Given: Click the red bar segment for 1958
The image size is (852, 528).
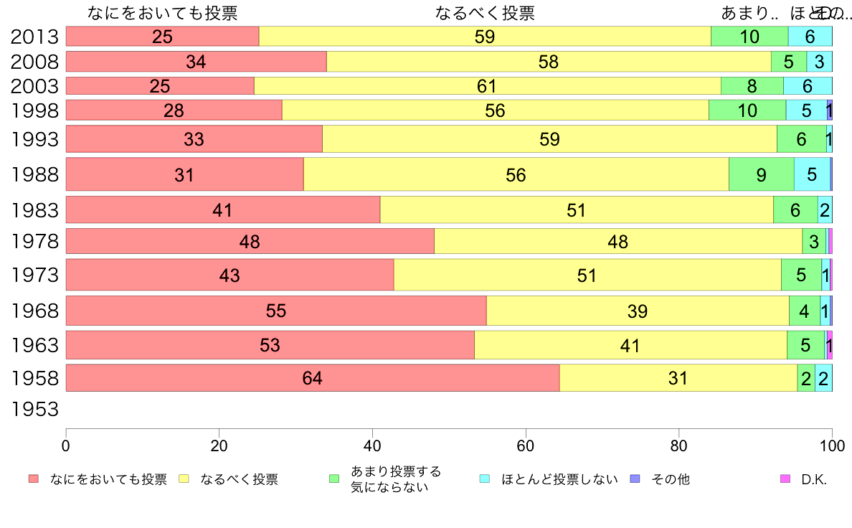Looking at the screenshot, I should pyautogui.click(x=312, y=378).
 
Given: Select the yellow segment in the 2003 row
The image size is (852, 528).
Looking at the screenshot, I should pyautogui.click(x=487, y=86).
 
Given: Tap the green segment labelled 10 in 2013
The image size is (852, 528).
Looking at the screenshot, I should pyautogui.click(x=749, y=37).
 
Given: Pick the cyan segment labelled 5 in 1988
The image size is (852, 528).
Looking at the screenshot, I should pyautogui.click(x=811, y=174).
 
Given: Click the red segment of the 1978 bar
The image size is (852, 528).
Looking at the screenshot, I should pyautogui.click(x=250, y=242).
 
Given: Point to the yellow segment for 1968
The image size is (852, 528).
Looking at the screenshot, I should pyautogui.click(x=637, y=311).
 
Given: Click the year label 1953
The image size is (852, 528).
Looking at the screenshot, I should pyautogui.click(x=34, y=410).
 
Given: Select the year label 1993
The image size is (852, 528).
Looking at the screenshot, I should pyautogui.click(x=34, y=139).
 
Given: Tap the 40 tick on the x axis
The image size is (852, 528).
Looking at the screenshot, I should pyautogui.click(x=372, y=445).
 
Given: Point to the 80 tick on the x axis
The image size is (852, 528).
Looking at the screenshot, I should pyautogui.click(x=678, y=445).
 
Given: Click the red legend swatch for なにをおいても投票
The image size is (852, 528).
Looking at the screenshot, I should pyautogui.click(x=33, y=479).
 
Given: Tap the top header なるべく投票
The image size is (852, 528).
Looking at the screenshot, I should pyautogui.click(x=485, y=14).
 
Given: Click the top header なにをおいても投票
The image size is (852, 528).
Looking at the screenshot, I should pyautogui.click(x=162, y=14).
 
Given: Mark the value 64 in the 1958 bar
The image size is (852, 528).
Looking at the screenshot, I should pyautogui.click(x=312, y=378).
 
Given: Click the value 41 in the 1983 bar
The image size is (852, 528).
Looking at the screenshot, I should pyautogui.click(x=222, y=210).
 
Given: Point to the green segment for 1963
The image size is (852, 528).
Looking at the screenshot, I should pyautogui.click(x=805, y=345).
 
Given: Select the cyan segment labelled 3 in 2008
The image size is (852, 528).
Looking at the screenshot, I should pyautogui.click(x=819, y=62).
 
